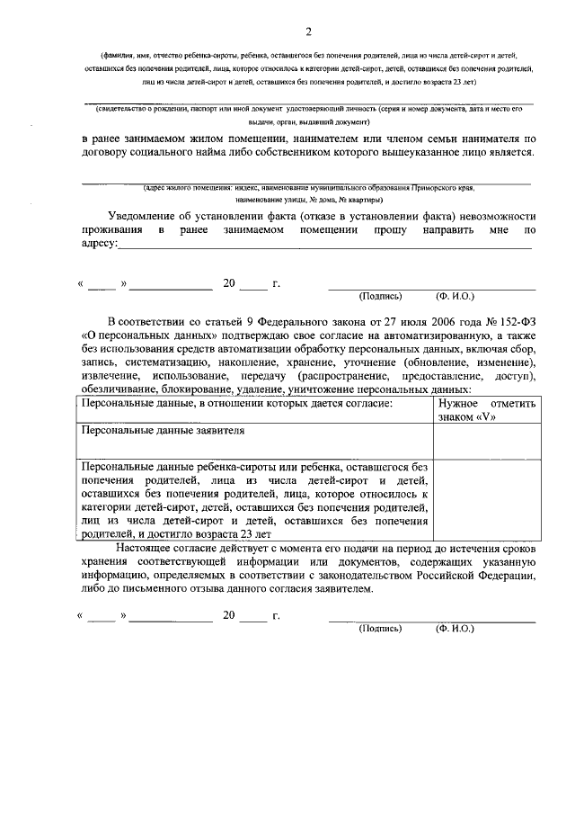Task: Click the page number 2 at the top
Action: pos(307,33)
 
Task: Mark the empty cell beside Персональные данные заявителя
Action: pos(486,441)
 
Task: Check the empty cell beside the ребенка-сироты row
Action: pos(486,500)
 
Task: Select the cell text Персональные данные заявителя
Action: pos(163,431)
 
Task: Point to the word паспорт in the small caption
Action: pos(221,109)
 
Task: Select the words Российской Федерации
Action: pos(485,576)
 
